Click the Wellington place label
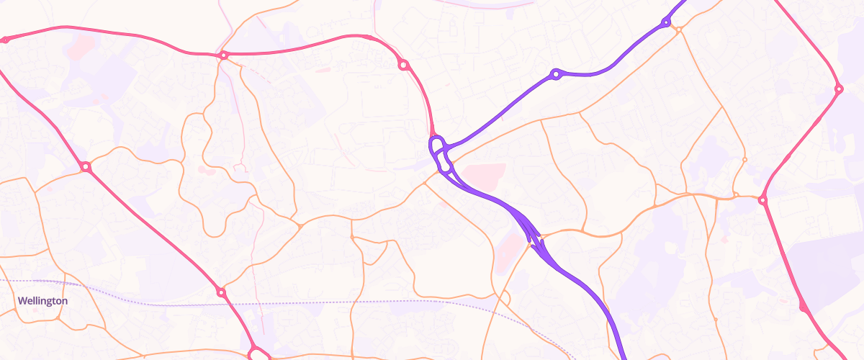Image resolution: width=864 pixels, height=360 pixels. point(42,301)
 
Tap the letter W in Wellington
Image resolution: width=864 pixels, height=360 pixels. point(22,301)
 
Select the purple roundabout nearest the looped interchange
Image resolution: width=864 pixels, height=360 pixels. point(555,73)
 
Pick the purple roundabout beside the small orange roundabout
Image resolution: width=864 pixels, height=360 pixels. point(666,23)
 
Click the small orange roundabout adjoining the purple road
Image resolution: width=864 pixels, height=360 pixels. point(678,29)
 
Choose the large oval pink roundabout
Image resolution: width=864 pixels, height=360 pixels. point(258,354)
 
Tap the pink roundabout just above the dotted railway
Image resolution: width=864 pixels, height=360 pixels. point(221,292)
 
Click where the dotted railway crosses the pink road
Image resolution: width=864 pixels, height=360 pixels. point(233,305)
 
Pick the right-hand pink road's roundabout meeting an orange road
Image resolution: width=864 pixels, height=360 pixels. point(762,199)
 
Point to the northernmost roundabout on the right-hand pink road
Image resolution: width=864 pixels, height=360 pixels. point(839,89)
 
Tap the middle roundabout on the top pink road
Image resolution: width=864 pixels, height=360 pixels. point(224,55)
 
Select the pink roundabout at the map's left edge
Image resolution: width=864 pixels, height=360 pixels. point(5,40)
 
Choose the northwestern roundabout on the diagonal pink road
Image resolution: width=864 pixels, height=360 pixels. point(86,167)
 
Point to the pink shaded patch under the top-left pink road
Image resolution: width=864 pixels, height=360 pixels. point(81,48)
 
